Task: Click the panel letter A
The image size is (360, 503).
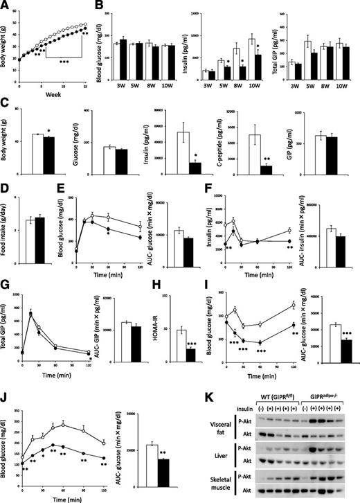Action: [x=5, y=6]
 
